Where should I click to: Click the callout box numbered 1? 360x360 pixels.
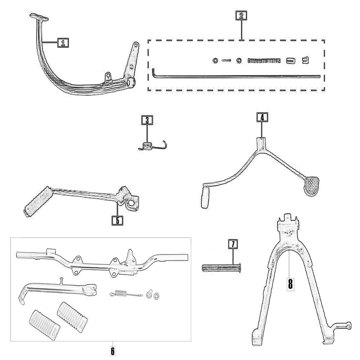coord(63,43)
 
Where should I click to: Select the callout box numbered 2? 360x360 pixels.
coord(241,15)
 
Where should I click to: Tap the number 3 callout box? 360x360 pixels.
coord(147,120)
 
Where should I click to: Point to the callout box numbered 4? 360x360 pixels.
coord(262,117)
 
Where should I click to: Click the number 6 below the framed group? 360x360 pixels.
coord(113,350)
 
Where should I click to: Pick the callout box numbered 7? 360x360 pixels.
coord(233,244)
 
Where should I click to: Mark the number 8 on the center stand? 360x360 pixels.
coord(290,284)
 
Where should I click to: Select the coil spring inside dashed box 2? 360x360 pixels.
coord(264,60)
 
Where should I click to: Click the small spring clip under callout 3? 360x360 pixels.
coord(151,146)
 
